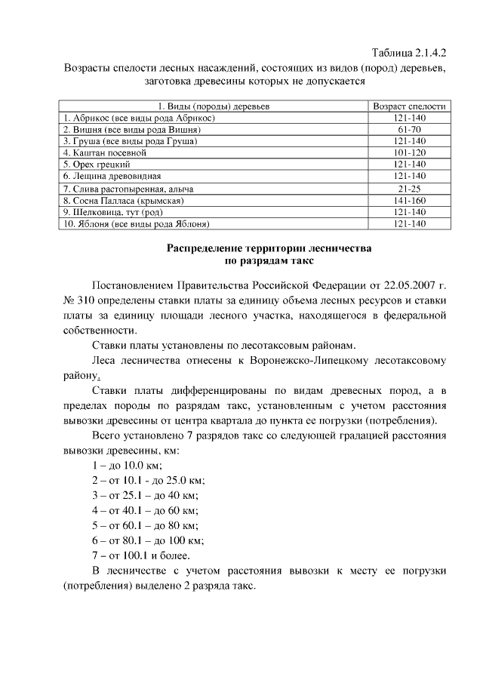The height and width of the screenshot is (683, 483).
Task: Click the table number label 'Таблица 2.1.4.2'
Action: pos(410,54)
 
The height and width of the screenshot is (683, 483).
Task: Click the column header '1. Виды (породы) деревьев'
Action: pos(213,107)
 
